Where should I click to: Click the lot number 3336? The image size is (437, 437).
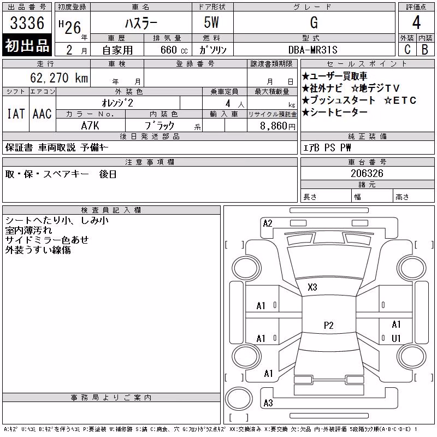[27, 23]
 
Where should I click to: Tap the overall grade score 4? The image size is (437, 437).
[416, 22]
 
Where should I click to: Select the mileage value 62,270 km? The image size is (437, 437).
[59, 78]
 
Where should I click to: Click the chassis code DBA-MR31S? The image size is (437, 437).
[312, 50]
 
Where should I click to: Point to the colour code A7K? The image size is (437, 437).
[90, 126]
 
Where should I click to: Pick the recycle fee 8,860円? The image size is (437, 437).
[277, 126]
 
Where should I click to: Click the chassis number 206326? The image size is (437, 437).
[367, 173]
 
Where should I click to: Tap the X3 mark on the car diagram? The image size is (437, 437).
[312, 287]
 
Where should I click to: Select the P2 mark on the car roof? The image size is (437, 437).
[329, 325]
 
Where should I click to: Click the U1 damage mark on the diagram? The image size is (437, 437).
[396, 338]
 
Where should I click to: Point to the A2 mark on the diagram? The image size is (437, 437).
[268, 223]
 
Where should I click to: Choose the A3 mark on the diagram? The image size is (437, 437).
[268, 403]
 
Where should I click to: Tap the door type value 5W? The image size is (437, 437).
[211, 22]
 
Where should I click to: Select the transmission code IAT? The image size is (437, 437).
[16, 114]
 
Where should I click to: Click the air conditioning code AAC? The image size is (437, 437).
[42, 114]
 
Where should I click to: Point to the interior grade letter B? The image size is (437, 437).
[425, 50]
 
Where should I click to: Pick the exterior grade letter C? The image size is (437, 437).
[408, 50]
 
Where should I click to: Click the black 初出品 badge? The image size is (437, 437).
[27, 45]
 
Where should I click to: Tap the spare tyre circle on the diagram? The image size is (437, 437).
[239, 398]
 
